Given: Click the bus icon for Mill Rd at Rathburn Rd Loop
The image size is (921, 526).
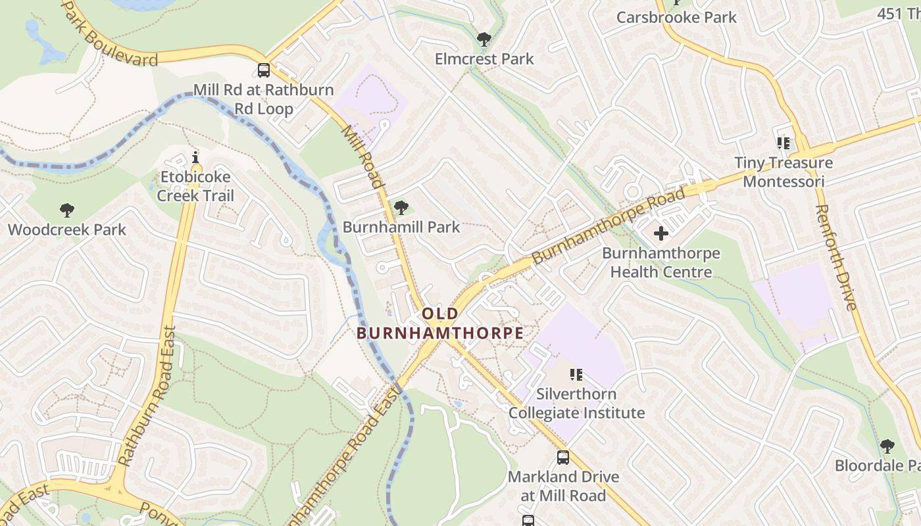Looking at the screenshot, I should click(x=264, y=70).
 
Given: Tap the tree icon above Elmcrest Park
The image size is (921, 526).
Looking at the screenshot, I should click(x=484, y=39).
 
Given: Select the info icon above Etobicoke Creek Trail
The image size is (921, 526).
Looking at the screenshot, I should click(x=195, y=157).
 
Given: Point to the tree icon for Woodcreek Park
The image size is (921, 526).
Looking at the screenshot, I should click(x=66, y=210).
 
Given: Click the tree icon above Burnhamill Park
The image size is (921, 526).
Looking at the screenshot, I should click(x=401, y=208).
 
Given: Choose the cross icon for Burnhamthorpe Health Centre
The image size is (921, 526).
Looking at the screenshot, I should click(x=661, y=233).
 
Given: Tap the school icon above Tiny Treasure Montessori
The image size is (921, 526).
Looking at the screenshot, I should click(x=783, y=143).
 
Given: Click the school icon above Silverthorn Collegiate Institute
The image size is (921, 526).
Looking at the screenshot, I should click(x=576, y=375).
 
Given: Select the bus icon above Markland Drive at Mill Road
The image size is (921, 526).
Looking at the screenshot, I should click(x=563, y=458).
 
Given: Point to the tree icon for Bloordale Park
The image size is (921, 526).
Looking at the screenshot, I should click(x=887, y=446).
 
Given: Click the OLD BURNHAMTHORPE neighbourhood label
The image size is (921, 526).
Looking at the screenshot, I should click(x=440, y=323).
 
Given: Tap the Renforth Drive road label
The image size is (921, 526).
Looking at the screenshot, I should click(x=835, y=257).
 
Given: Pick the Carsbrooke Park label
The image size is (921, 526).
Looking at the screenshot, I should click(x=676, y=17).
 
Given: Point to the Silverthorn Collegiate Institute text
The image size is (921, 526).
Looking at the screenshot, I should click(x=576, y=404).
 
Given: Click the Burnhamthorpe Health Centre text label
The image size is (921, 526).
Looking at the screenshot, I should click(x=661, y=262).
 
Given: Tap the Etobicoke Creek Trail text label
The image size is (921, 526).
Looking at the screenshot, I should click(x=195, y=186).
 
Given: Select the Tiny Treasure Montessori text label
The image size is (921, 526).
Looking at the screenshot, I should click(x=783, y=172).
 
